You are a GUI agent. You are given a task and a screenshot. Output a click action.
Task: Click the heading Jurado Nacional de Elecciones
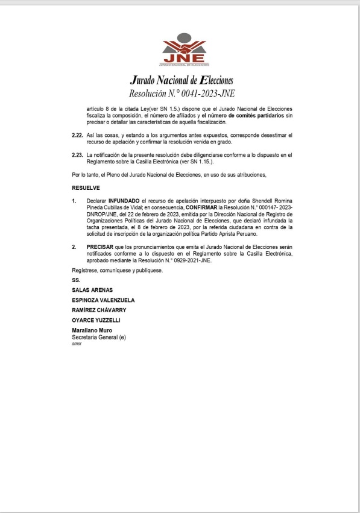pos(181,81)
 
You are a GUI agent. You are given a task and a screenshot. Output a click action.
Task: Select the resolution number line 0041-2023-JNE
pos(181,93)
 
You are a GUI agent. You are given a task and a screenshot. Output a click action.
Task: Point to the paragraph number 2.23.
pos(77,155)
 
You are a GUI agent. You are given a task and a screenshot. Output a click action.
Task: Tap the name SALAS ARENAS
pos(92,290)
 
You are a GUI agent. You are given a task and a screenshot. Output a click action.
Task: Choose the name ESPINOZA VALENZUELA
pos(103,300)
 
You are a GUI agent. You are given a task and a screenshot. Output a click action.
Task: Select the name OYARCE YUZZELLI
pos(96,319)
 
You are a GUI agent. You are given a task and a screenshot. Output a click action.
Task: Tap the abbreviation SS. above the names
pos(76,280)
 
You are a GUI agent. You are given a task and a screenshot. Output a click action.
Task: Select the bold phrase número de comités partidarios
pos(256,115)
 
